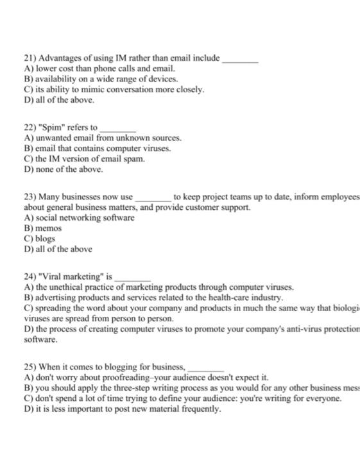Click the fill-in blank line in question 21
[240, 60]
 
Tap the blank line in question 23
[153, 199]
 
